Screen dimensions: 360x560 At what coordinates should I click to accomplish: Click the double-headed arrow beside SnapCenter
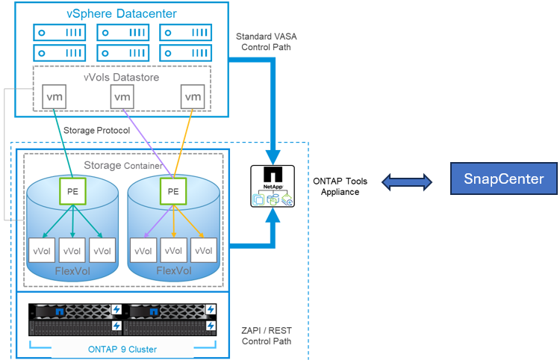click(406, 181)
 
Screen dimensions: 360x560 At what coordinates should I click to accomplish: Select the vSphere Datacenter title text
click(121, 13)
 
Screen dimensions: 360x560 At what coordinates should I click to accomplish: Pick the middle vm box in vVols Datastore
click(123, 97)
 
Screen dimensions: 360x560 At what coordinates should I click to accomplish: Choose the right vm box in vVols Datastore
click(193, 97)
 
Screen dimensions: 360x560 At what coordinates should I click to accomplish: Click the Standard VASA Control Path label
click(266, 42)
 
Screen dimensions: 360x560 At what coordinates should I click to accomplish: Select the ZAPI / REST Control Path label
click(267, 335)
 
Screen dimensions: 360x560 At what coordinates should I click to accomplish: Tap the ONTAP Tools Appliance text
click(341, 186)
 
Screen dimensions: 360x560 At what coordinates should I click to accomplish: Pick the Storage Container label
click(122, 165)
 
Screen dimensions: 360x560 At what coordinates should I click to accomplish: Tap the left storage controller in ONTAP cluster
click(75, 320)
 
